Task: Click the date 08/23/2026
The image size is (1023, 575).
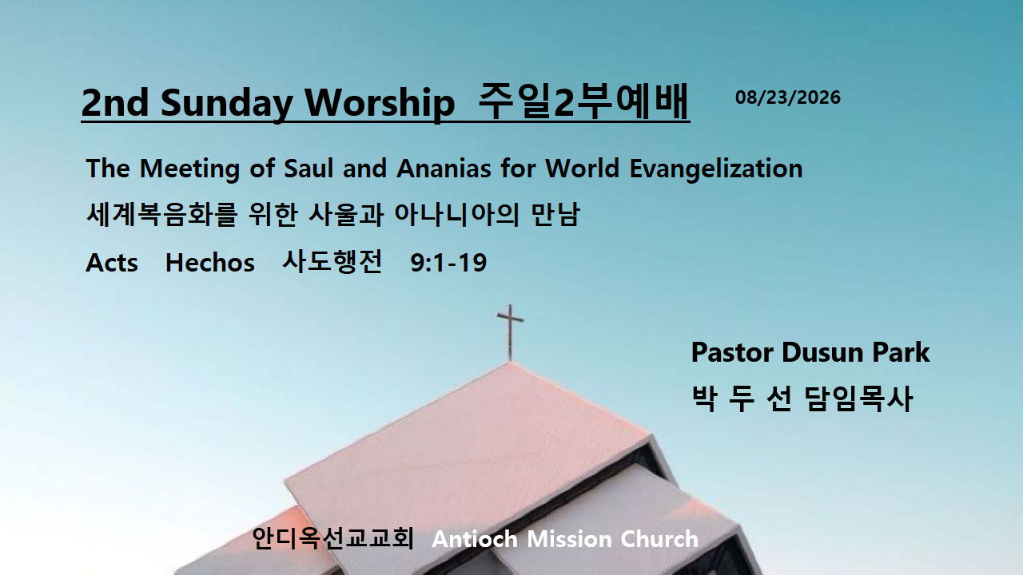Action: tap(788, 97)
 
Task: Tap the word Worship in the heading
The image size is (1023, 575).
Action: tap(380, 102)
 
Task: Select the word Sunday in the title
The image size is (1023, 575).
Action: tap(226, 104)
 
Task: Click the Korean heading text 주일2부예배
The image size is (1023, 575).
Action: tap(583, 101)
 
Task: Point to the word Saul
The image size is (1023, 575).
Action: tap(308, 168)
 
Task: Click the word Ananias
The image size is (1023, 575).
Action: tap(444, 168)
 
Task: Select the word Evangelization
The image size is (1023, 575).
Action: tap(715, 169)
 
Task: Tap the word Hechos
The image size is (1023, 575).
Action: tap(209, 263)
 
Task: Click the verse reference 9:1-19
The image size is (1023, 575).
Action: tap(448, 263)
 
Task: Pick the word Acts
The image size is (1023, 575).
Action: tap(111, 263)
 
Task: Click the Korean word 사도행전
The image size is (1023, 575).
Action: tap(332, 262)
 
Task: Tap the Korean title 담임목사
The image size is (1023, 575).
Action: tap(858, 399)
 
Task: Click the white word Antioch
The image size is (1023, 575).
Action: tap(475, 539)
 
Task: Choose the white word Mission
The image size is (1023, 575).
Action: tap(569, 539)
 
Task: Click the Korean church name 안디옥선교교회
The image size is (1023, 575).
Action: tap(332, 538)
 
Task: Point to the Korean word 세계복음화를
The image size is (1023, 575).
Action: tap(161, 214)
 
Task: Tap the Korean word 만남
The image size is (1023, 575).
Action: tap(555, 214)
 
